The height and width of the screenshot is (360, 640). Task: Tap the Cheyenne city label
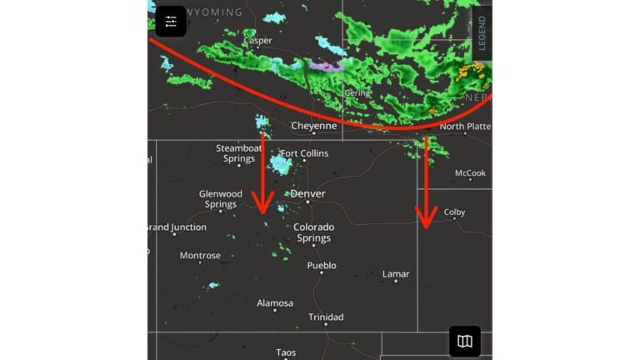pos(313,127)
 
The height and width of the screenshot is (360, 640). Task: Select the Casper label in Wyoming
pos(257,41)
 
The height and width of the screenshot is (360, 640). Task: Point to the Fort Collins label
pos(304,153)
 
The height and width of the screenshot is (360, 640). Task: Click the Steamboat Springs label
pos(239,153)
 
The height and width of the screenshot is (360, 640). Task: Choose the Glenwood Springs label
pos(220,199)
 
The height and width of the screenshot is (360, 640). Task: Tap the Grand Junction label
pos(176,227)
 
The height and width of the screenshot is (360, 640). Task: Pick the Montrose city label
pos(200,256)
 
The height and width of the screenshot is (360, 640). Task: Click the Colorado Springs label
pos(313,232)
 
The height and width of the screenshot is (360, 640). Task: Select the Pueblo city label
pos(322,266)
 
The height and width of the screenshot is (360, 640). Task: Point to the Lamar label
pos(396,274)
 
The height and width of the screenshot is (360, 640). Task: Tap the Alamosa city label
pos(275,303)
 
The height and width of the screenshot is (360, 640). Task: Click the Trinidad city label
pos(326,317)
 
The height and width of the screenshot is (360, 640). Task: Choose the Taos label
pos(286,352)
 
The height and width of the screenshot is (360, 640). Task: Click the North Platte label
pos(464,127)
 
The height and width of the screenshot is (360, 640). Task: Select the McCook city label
pos(470,173)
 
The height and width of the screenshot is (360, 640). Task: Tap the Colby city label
pos(454,212)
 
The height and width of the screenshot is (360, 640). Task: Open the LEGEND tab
pos(482,32)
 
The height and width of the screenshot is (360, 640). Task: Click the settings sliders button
pos(171,22)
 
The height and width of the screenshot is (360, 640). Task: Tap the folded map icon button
pos(465,341)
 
